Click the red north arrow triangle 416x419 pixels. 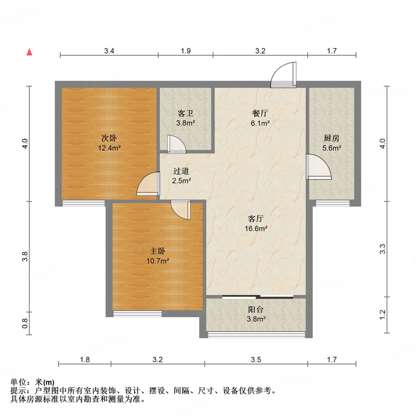click(29, 52)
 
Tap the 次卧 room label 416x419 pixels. click(109, 138)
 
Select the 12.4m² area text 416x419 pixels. click(109, 148)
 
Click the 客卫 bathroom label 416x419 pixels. click(186, 113)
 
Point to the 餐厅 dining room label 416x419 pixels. click(260, 113)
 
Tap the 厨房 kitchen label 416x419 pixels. click(332, 138)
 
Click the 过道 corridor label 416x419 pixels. click(181, 171)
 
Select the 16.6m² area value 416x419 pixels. click(256, 228)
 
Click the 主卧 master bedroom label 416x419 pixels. click(158, 251)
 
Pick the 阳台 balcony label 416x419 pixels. click(256, 309)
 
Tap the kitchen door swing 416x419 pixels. click(319, 167)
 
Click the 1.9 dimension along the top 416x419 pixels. click(186, 51)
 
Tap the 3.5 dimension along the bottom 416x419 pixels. click(256, 359)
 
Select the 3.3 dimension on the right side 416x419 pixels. click(382, 249)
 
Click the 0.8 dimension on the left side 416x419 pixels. click(25, 323)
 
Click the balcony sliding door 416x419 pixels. click(258, 297)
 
